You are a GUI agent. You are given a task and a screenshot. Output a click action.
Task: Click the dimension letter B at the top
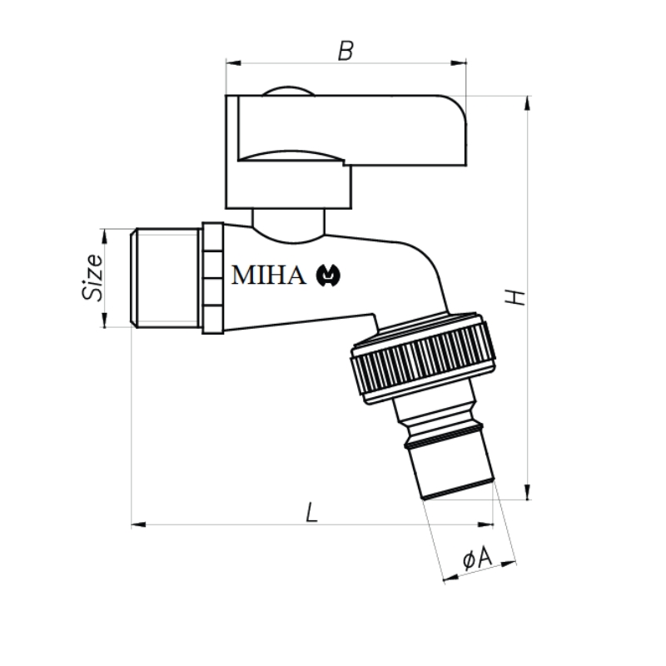(345, 51)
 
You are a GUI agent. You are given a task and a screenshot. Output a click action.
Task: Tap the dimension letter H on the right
(514, 297)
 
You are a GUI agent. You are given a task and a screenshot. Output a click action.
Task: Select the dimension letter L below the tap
(311, 512)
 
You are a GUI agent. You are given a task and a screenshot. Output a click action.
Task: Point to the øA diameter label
(477, 558)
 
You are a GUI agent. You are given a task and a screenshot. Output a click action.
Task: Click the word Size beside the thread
(92, 277)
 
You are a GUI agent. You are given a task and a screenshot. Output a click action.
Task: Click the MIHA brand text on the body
(268, 276)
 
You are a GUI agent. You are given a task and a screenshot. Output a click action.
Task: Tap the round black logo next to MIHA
(328, 276)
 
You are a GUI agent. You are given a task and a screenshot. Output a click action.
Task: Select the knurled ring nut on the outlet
(423, 358)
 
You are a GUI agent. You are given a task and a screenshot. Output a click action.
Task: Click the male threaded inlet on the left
(166, 278)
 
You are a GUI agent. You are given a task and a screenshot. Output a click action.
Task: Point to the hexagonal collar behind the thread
(212, 278)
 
